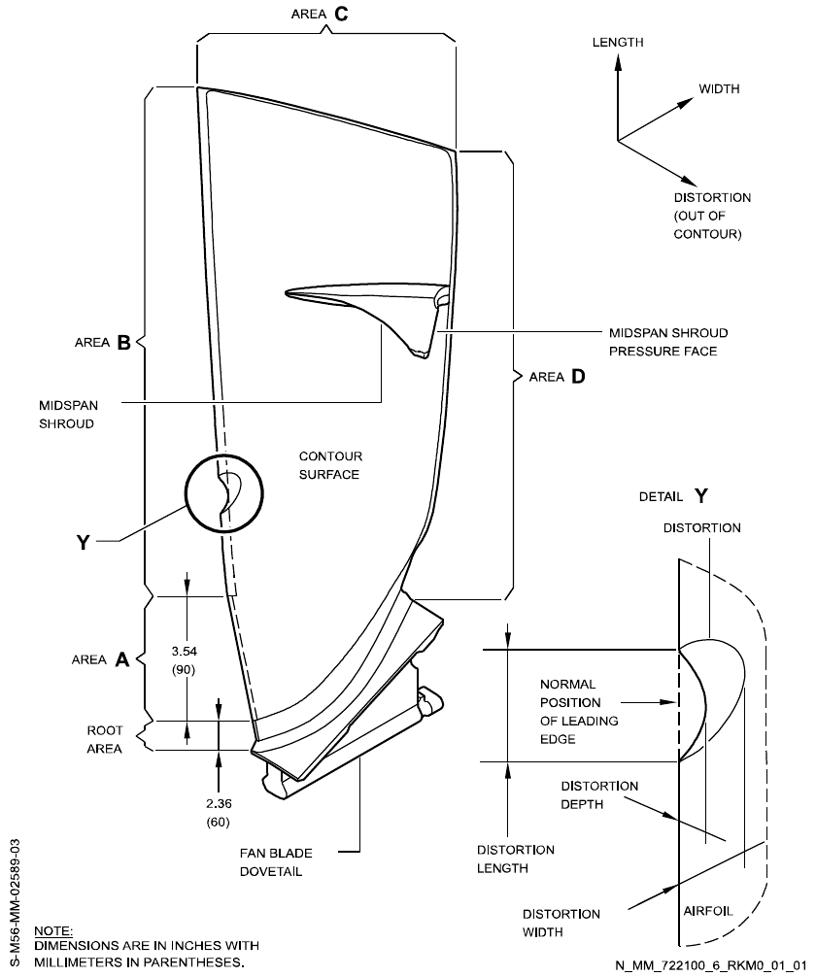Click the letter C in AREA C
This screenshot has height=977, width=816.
click(341, 15)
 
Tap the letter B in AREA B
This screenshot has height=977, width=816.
click(124, 343)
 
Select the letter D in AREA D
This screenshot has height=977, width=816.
click(579, 376)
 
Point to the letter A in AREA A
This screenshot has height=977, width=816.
click(122, 659)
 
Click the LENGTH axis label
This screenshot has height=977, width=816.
click(618, 43)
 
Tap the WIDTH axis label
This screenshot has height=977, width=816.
click(719, 88)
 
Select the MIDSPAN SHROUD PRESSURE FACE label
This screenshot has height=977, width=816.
click(667, 342)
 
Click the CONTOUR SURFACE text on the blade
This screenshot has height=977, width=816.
click(328, 465)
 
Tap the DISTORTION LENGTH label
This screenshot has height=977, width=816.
click(515, 859)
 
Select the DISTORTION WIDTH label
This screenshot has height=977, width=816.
click(561, 924)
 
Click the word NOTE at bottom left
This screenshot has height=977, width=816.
click(51, 929)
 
